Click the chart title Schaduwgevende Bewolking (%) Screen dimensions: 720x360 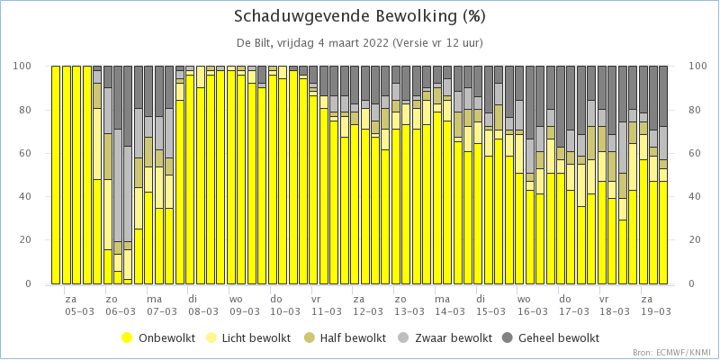click(x=359, y=17)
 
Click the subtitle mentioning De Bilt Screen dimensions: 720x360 click(x=359, y=43)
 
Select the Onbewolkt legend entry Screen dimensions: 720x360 click(x=159, y=338)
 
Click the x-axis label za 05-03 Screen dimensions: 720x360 click(x=79, y=305)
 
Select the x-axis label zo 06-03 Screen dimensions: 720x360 click(x=121, y=305)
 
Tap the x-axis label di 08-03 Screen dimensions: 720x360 click(x=202, y=305)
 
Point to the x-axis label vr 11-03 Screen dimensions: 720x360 click(x=326, y=305)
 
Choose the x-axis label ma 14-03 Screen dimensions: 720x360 click(x=449, y=305)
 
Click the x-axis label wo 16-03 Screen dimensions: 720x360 click(x=532, y=305)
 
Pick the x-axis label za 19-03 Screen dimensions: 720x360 click(x=655, y=305)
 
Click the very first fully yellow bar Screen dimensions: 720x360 click(x=56, y=175)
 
